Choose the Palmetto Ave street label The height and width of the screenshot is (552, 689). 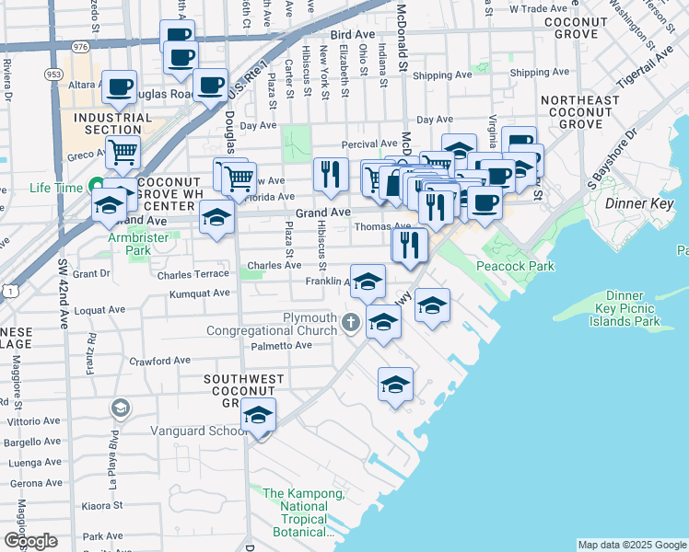(281, 346)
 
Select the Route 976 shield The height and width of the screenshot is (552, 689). (79, 46)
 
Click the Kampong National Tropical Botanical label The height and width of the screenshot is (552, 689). (303, 512)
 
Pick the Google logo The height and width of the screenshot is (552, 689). (30, 541)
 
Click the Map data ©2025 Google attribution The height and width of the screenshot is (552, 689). (632, 545)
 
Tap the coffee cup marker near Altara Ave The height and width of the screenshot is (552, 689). (119, 87)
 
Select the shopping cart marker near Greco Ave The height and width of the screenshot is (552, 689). (123, 154)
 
